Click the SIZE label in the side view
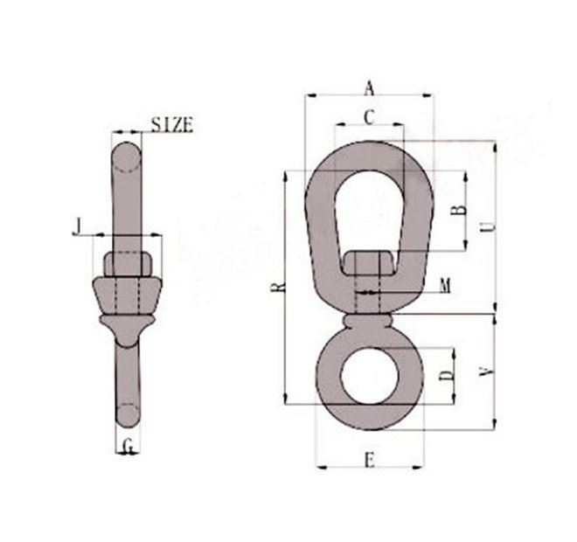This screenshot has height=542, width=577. pos(171,124)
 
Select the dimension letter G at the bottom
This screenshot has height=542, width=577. pos(129,448)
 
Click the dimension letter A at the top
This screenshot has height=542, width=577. pos(369,87)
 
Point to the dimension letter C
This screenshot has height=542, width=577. pos(369,115)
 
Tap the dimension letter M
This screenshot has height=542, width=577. pos(445,285)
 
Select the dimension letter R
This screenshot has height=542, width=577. pos(277,286)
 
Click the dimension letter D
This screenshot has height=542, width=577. pos(446,376)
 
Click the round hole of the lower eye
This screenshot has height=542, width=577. pos(370,375)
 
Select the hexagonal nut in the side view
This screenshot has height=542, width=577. pos(129,263)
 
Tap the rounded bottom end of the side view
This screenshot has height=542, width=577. pos(128,415)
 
